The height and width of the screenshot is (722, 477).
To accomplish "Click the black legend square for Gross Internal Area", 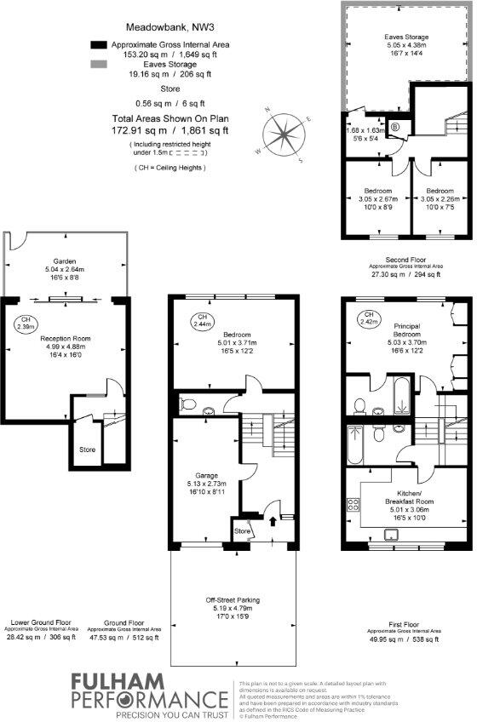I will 98,45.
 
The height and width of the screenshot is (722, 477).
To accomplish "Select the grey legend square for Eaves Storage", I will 98,65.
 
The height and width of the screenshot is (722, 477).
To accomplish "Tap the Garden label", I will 65,261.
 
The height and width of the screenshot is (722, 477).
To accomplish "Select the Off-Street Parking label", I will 232,600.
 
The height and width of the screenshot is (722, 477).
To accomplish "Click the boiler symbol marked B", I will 395,128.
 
